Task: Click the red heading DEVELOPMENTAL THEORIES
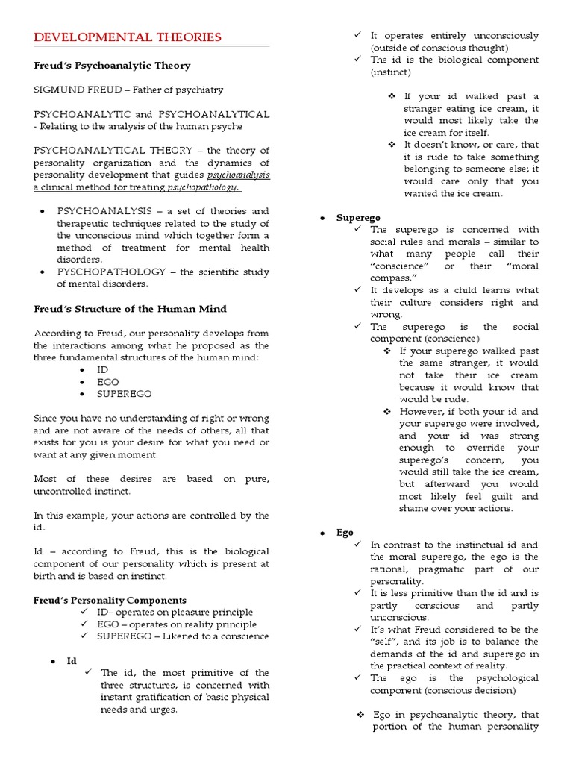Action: click(128, 37)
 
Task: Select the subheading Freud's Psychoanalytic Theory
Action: click(112, 66)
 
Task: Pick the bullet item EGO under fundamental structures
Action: click(107, 382)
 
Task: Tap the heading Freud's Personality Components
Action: click(110, 600)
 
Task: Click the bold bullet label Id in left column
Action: click(72, 661)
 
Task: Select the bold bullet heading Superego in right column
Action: click(353, 218)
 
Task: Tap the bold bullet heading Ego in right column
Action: click(345, 533)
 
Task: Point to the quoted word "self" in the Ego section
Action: click(389, 642)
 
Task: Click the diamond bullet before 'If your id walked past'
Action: click(393, 97)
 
